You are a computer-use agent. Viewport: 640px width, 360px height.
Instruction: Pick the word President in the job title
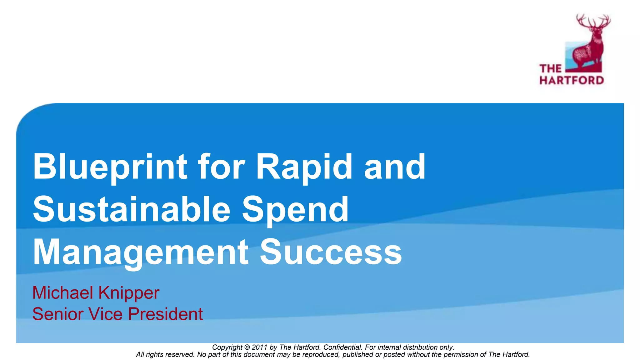165,314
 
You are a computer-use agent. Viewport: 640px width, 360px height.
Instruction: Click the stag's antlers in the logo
593,22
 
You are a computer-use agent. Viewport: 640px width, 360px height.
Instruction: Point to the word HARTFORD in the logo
572,80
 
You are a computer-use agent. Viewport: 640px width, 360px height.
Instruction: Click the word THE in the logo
550,68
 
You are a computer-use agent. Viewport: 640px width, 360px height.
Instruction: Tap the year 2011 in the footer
260,347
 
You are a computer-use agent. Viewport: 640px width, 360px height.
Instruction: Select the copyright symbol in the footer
247,347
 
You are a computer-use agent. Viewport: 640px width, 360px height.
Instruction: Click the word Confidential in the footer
342,347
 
